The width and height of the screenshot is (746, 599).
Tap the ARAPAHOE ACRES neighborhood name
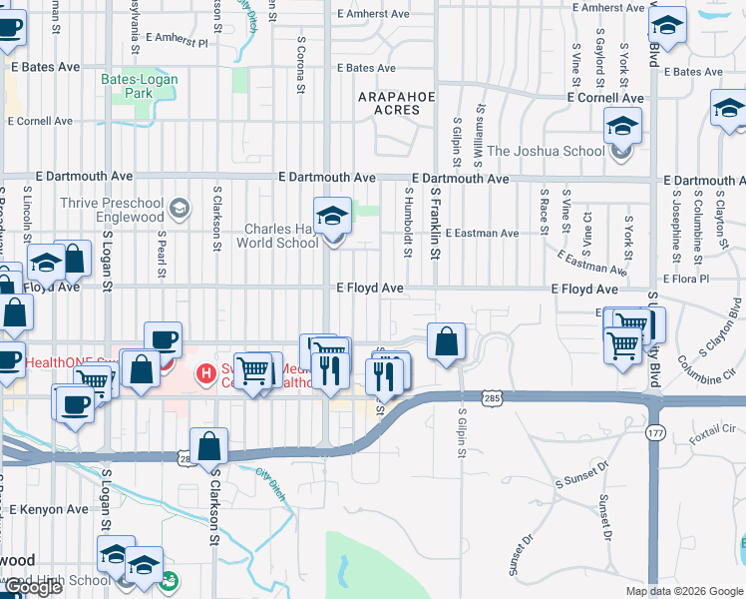pyautogui.click(x=389, y=103)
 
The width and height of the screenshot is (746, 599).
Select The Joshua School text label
pyautogui.click(x=546, y=151)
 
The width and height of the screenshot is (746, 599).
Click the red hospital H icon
pyautogui.click(x=205, y=373)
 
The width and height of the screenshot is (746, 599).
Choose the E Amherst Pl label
pyautogui.click(x=176, y=43)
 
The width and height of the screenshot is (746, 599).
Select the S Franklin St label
pyautogui.click(x=434, y=222)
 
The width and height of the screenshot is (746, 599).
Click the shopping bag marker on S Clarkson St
pyautogui.click(x=209, y=446)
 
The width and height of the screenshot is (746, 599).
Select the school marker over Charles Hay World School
pyautogui.click(x=332, y=216)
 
